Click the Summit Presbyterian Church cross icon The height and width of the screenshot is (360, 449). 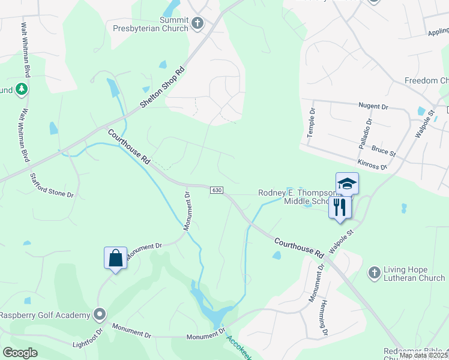coord(197,23)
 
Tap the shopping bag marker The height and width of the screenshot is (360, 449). coord(115,259)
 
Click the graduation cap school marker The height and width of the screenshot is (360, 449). coord(347,184)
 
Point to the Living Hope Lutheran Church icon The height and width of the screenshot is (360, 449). coord(374,273)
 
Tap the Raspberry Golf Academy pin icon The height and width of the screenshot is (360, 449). coord(100,314)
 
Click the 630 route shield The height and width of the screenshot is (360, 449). coord(217,190)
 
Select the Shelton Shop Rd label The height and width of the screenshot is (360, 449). coord(163,86)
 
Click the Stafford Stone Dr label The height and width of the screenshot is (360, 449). coord(52,185)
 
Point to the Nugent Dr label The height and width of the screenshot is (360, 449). coord(373,106)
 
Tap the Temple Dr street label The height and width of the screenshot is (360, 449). coord(311,122)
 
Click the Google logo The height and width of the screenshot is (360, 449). coord(20,353)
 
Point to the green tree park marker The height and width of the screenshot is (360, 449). coord(22,89)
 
